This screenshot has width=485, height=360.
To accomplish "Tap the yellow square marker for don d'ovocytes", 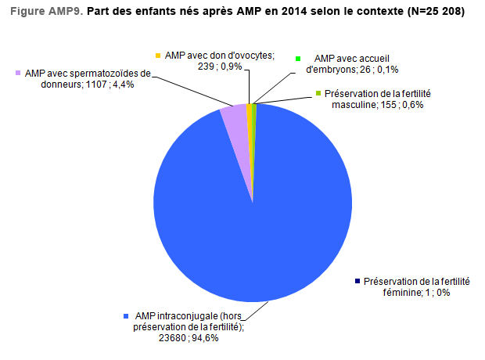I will click(x=158, y=56).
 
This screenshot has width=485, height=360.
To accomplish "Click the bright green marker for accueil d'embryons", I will click(x=298, y=59).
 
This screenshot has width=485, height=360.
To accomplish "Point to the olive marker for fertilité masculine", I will click(x=318, y=94).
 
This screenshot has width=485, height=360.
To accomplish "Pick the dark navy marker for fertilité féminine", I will click(x=357, y=281).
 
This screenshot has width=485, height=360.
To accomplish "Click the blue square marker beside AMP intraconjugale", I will click(x=126, y=316).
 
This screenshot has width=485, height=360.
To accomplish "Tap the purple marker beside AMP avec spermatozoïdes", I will click(x=17, y=74).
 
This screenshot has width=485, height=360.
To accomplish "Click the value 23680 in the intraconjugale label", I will click(x=174, y=338).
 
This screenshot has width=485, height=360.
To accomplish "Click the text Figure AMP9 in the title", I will click(x=44, y=13).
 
